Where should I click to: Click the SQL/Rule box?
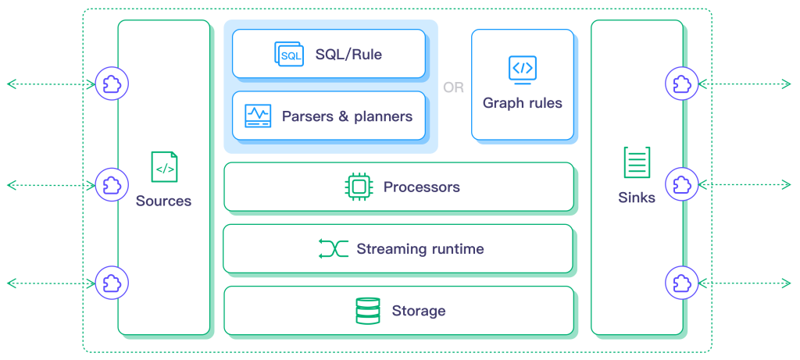pyautogui.click(x=328, y=54)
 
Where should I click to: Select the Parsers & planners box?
pyautogui.click(x=328, y=116)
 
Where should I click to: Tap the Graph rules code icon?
pyautogui.click(x=522, y=69)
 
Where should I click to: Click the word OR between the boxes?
pyautogui.click(x=453, y=87)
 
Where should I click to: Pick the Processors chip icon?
pyautogui.click(x=359, y=187)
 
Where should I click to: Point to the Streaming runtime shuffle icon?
pyautogui.click(x=333, y=249)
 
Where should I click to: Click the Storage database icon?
pyautogui.click(x=367, y=311)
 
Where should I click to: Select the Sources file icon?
pyautogui.click(x=164, y=167)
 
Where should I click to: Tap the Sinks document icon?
pyautogui.click(x=636, y=163)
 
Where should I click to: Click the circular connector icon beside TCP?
pyautogui.click(x=112, y=184)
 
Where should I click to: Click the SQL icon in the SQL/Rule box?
pyautogui.click(x=289, y=54)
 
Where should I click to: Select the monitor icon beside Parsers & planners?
pyautogui.click(x=258, y=116)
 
